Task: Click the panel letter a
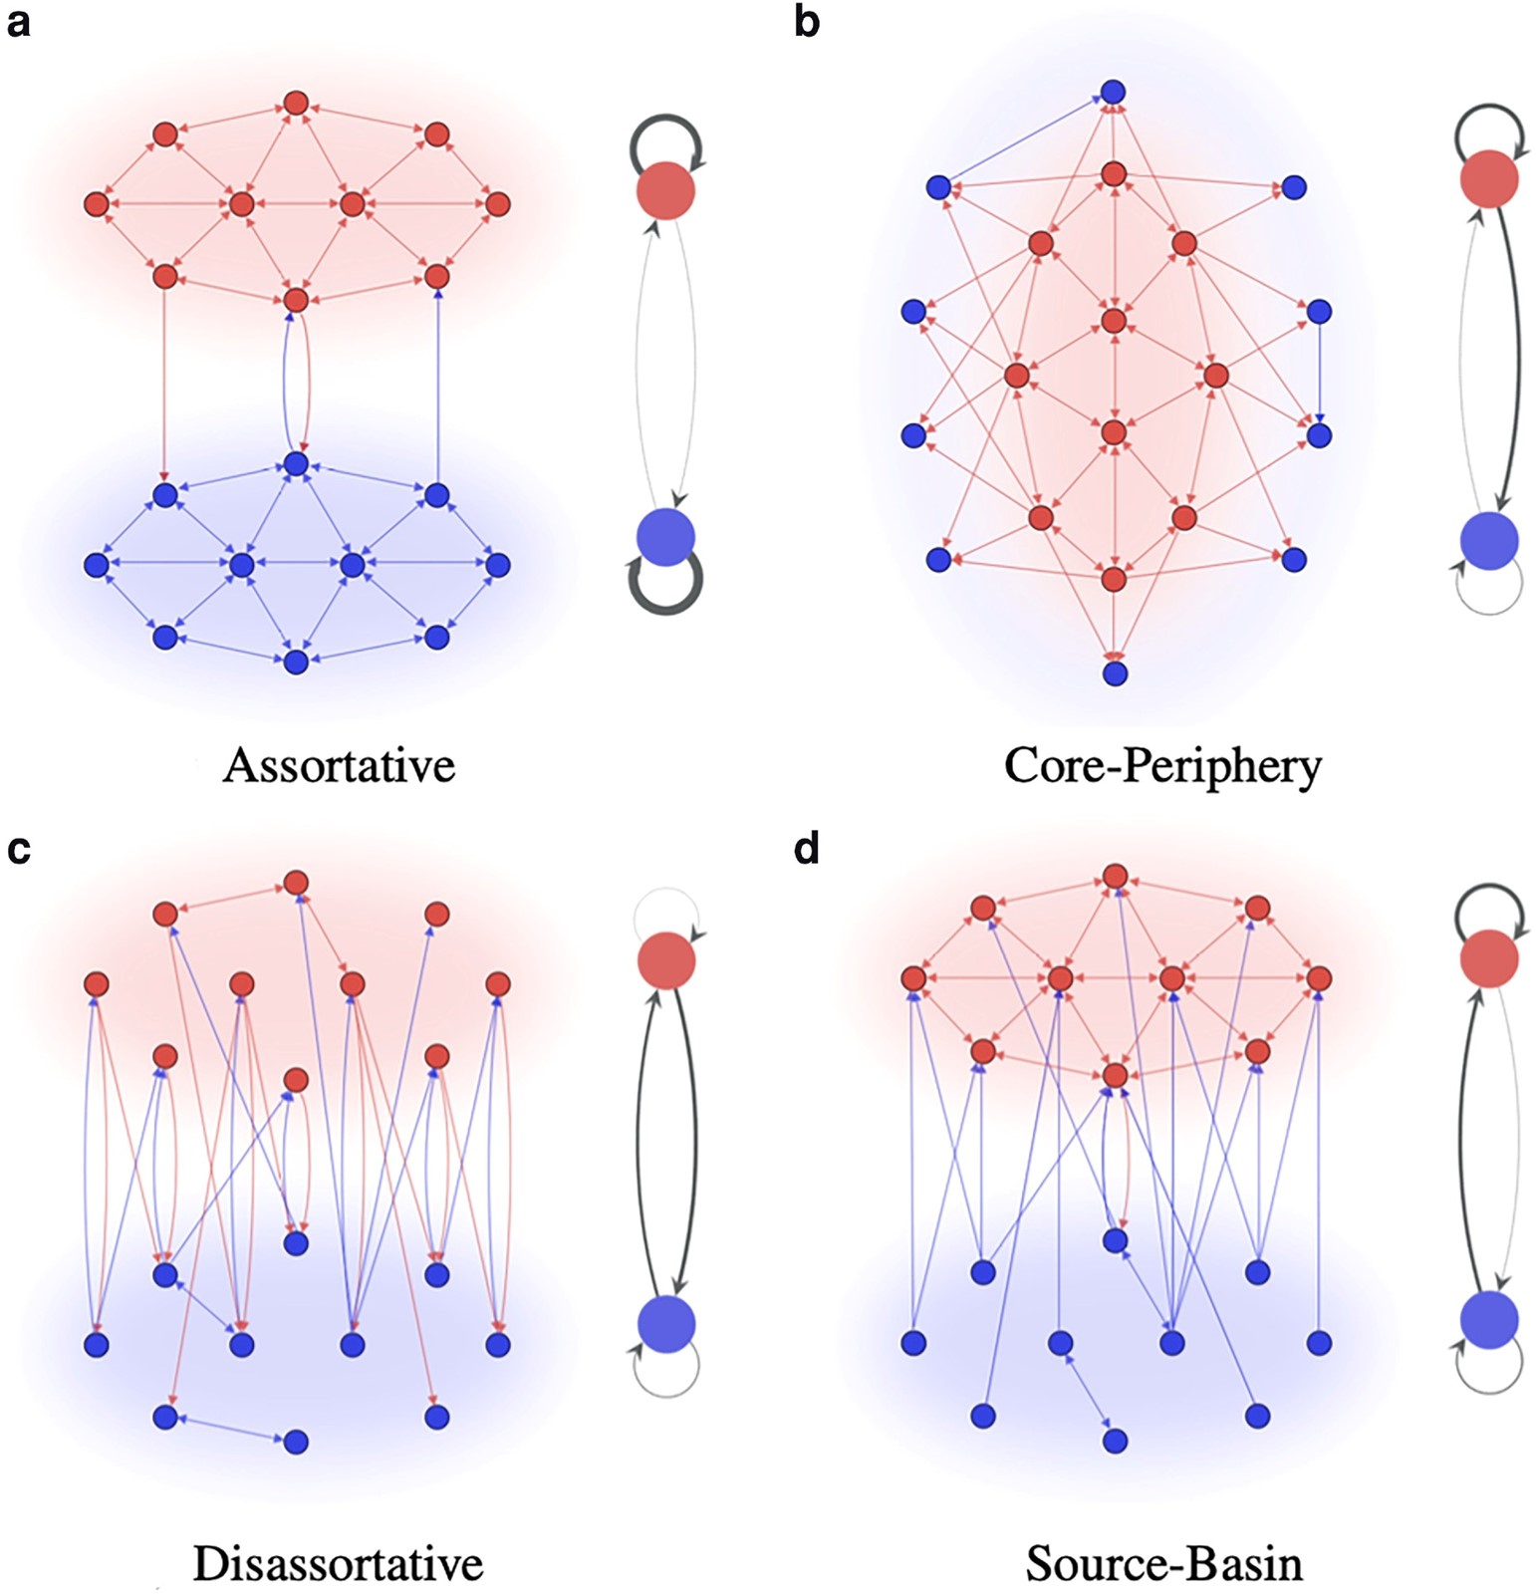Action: point(18,22)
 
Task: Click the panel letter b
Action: point(807,20)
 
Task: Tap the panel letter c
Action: point(18,850)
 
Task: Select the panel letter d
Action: point(807,847)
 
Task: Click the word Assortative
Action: point(340,765)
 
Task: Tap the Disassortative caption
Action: point(338,1563)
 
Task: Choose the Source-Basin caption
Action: point(1164,1563)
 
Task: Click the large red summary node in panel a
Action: point(665,190)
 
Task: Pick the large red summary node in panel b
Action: point(1489,179)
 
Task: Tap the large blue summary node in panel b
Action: point(1489,541)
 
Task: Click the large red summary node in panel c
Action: point(666,960)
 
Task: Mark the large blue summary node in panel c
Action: point(666,1324)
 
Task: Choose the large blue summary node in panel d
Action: point(1489,1321)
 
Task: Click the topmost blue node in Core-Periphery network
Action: point(1114,93)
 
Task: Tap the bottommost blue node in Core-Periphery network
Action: point(1115,673)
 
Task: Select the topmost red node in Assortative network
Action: point(295,103)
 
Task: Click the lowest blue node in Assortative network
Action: point(295,662)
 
